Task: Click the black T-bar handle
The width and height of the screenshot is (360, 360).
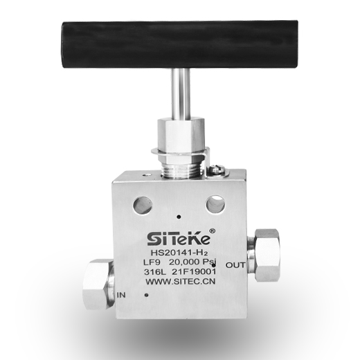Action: [x=179, y=44]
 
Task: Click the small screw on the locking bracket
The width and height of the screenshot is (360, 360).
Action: [x=217, y=169]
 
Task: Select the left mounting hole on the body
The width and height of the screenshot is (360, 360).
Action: [x=143, y=205]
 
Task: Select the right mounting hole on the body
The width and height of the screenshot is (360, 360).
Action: [x=216, y=204]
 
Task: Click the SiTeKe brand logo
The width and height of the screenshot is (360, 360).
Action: [x=179, y=239]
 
